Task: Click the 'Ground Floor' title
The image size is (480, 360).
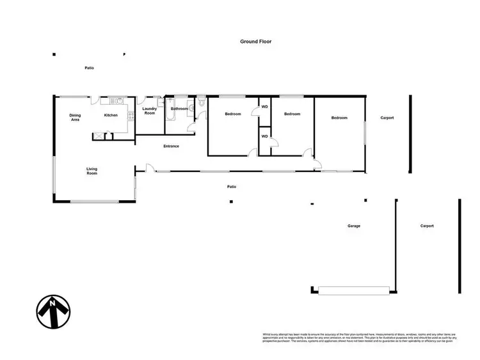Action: coord(256,42)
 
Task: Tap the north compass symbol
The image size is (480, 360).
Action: coord(52,311)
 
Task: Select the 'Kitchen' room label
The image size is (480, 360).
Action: coord(111,115)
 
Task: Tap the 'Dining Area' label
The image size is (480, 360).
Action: coord(75,117)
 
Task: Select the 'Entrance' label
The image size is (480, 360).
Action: coord(171,146)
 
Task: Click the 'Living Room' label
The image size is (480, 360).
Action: coord(92,171)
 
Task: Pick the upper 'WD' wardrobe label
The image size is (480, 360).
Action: coord(264,107)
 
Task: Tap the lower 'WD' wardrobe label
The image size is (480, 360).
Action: coord(264,136)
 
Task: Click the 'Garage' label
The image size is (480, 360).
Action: coord(354,226)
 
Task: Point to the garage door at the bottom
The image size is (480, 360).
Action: coord(354,291)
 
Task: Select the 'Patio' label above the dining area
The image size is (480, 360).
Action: coord(90,68)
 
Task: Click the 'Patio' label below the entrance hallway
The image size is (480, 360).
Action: coord(232,187)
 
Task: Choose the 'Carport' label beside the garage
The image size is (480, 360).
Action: coord(427,226)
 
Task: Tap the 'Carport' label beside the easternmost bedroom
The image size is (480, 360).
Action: coord(387,118)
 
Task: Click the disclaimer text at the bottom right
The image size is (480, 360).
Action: coord(358,337)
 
